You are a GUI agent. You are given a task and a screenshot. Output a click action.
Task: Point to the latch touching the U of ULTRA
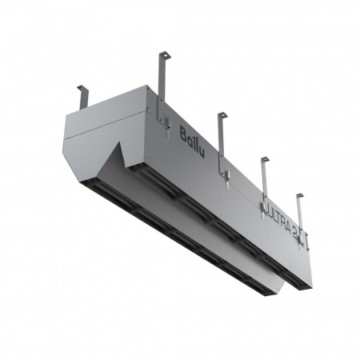(263, 202)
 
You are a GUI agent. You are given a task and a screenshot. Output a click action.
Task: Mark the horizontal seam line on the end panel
(90, 137)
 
